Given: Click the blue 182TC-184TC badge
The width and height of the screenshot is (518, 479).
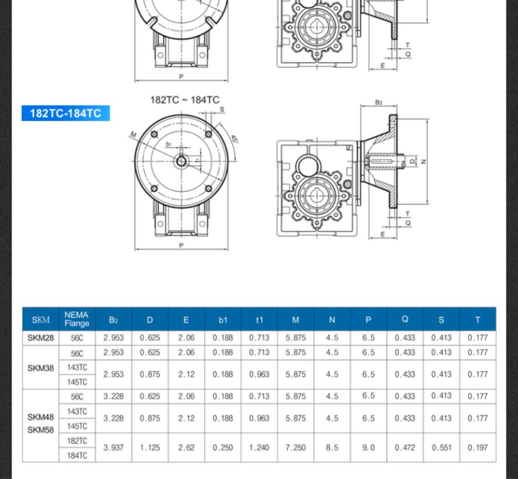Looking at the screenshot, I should (x=66, y=113).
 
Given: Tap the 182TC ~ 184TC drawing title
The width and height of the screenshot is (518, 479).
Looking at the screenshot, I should (x=184, y=100).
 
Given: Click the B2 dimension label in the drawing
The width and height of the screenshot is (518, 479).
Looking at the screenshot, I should (x=378, y=102).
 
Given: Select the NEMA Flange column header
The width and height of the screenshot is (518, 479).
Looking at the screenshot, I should (x=76, y=319).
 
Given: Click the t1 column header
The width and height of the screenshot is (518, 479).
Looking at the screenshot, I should (x=259, y=320).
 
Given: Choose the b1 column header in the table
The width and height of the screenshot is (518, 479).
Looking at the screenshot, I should (x=223, y=320).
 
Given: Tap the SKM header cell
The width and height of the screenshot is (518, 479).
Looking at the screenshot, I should (x=40, y=320).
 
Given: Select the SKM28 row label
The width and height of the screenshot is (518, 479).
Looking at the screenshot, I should (x=40, y=338).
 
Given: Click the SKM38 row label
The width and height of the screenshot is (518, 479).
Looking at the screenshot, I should (x=40, y=368).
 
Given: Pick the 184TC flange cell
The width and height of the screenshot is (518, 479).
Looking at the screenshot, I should (x=77, y=456).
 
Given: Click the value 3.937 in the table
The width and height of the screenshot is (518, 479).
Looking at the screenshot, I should (x=113, y=448).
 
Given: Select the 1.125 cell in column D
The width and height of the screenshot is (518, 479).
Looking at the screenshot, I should (x=150, y=448).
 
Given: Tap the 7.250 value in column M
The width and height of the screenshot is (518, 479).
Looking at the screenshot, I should (x=296, y=448).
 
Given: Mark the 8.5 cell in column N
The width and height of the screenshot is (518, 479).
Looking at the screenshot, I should (x=332, y=448).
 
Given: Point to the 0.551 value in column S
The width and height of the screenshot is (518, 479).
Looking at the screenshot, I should (x=441, y=448).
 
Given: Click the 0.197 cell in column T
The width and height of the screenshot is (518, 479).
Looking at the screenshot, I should (x=478, y=448).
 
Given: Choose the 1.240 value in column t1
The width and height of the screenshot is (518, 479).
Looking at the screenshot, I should (x=259, y=448).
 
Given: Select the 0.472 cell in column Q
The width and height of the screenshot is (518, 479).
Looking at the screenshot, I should (x=405, y=448).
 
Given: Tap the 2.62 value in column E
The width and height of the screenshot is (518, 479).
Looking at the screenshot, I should (x=186, y=448).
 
